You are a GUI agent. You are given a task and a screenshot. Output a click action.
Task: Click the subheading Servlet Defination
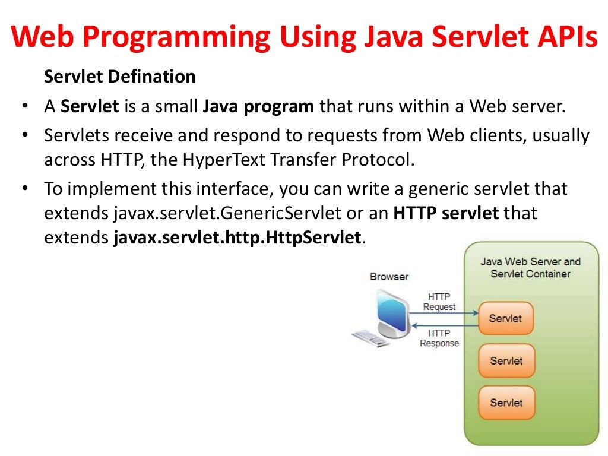(x=120, y=77)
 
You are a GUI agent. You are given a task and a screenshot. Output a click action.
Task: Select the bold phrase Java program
(x=258, y=107)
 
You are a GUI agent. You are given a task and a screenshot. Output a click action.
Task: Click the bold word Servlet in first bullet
(x=91, y=107)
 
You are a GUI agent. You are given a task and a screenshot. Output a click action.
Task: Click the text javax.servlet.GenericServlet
(x=235, y=213)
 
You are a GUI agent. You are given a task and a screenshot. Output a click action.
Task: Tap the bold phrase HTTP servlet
(x=446, y=213)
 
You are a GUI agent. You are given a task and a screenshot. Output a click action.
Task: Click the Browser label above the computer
(x=389, y=276)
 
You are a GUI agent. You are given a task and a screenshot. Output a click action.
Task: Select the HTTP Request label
(x=439, y=302)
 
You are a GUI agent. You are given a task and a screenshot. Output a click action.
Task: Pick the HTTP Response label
(x=439, y=338)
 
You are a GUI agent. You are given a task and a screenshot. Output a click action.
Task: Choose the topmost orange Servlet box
(x=506, y=318)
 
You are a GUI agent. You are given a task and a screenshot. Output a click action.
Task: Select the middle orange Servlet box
(x=506, y=360)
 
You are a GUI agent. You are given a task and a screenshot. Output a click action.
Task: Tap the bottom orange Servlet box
(x=506, y=403)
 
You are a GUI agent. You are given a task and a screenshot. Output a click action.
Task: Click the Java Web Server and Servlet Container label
(x=530, y=267)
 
